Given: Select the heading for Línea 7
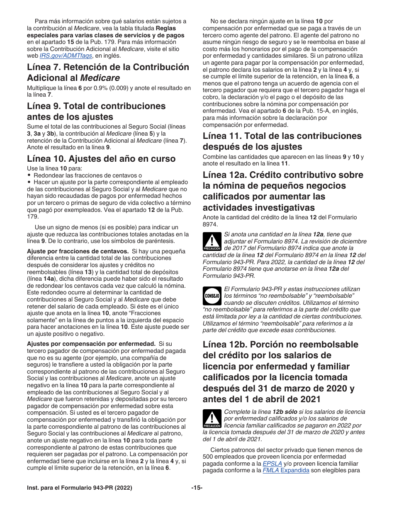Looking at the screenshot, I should pos(108,72).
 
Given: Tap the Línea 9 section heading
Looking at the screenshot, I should pos(96,111).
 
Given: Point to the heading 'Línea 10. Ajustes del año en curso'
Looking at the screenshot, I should pos(101,158).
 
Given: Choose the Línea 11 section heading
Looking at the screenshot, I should pos(282,141).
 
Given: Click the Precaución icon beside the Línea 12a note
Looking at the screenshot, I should pos(212,241).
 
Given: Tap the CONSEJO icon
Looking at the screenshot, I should pos(212,296).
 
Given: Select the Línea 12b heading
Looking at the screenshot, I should pos(280,372).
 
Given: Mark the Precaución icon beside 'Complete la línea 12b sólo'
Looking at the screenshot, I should pos(212,419).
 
